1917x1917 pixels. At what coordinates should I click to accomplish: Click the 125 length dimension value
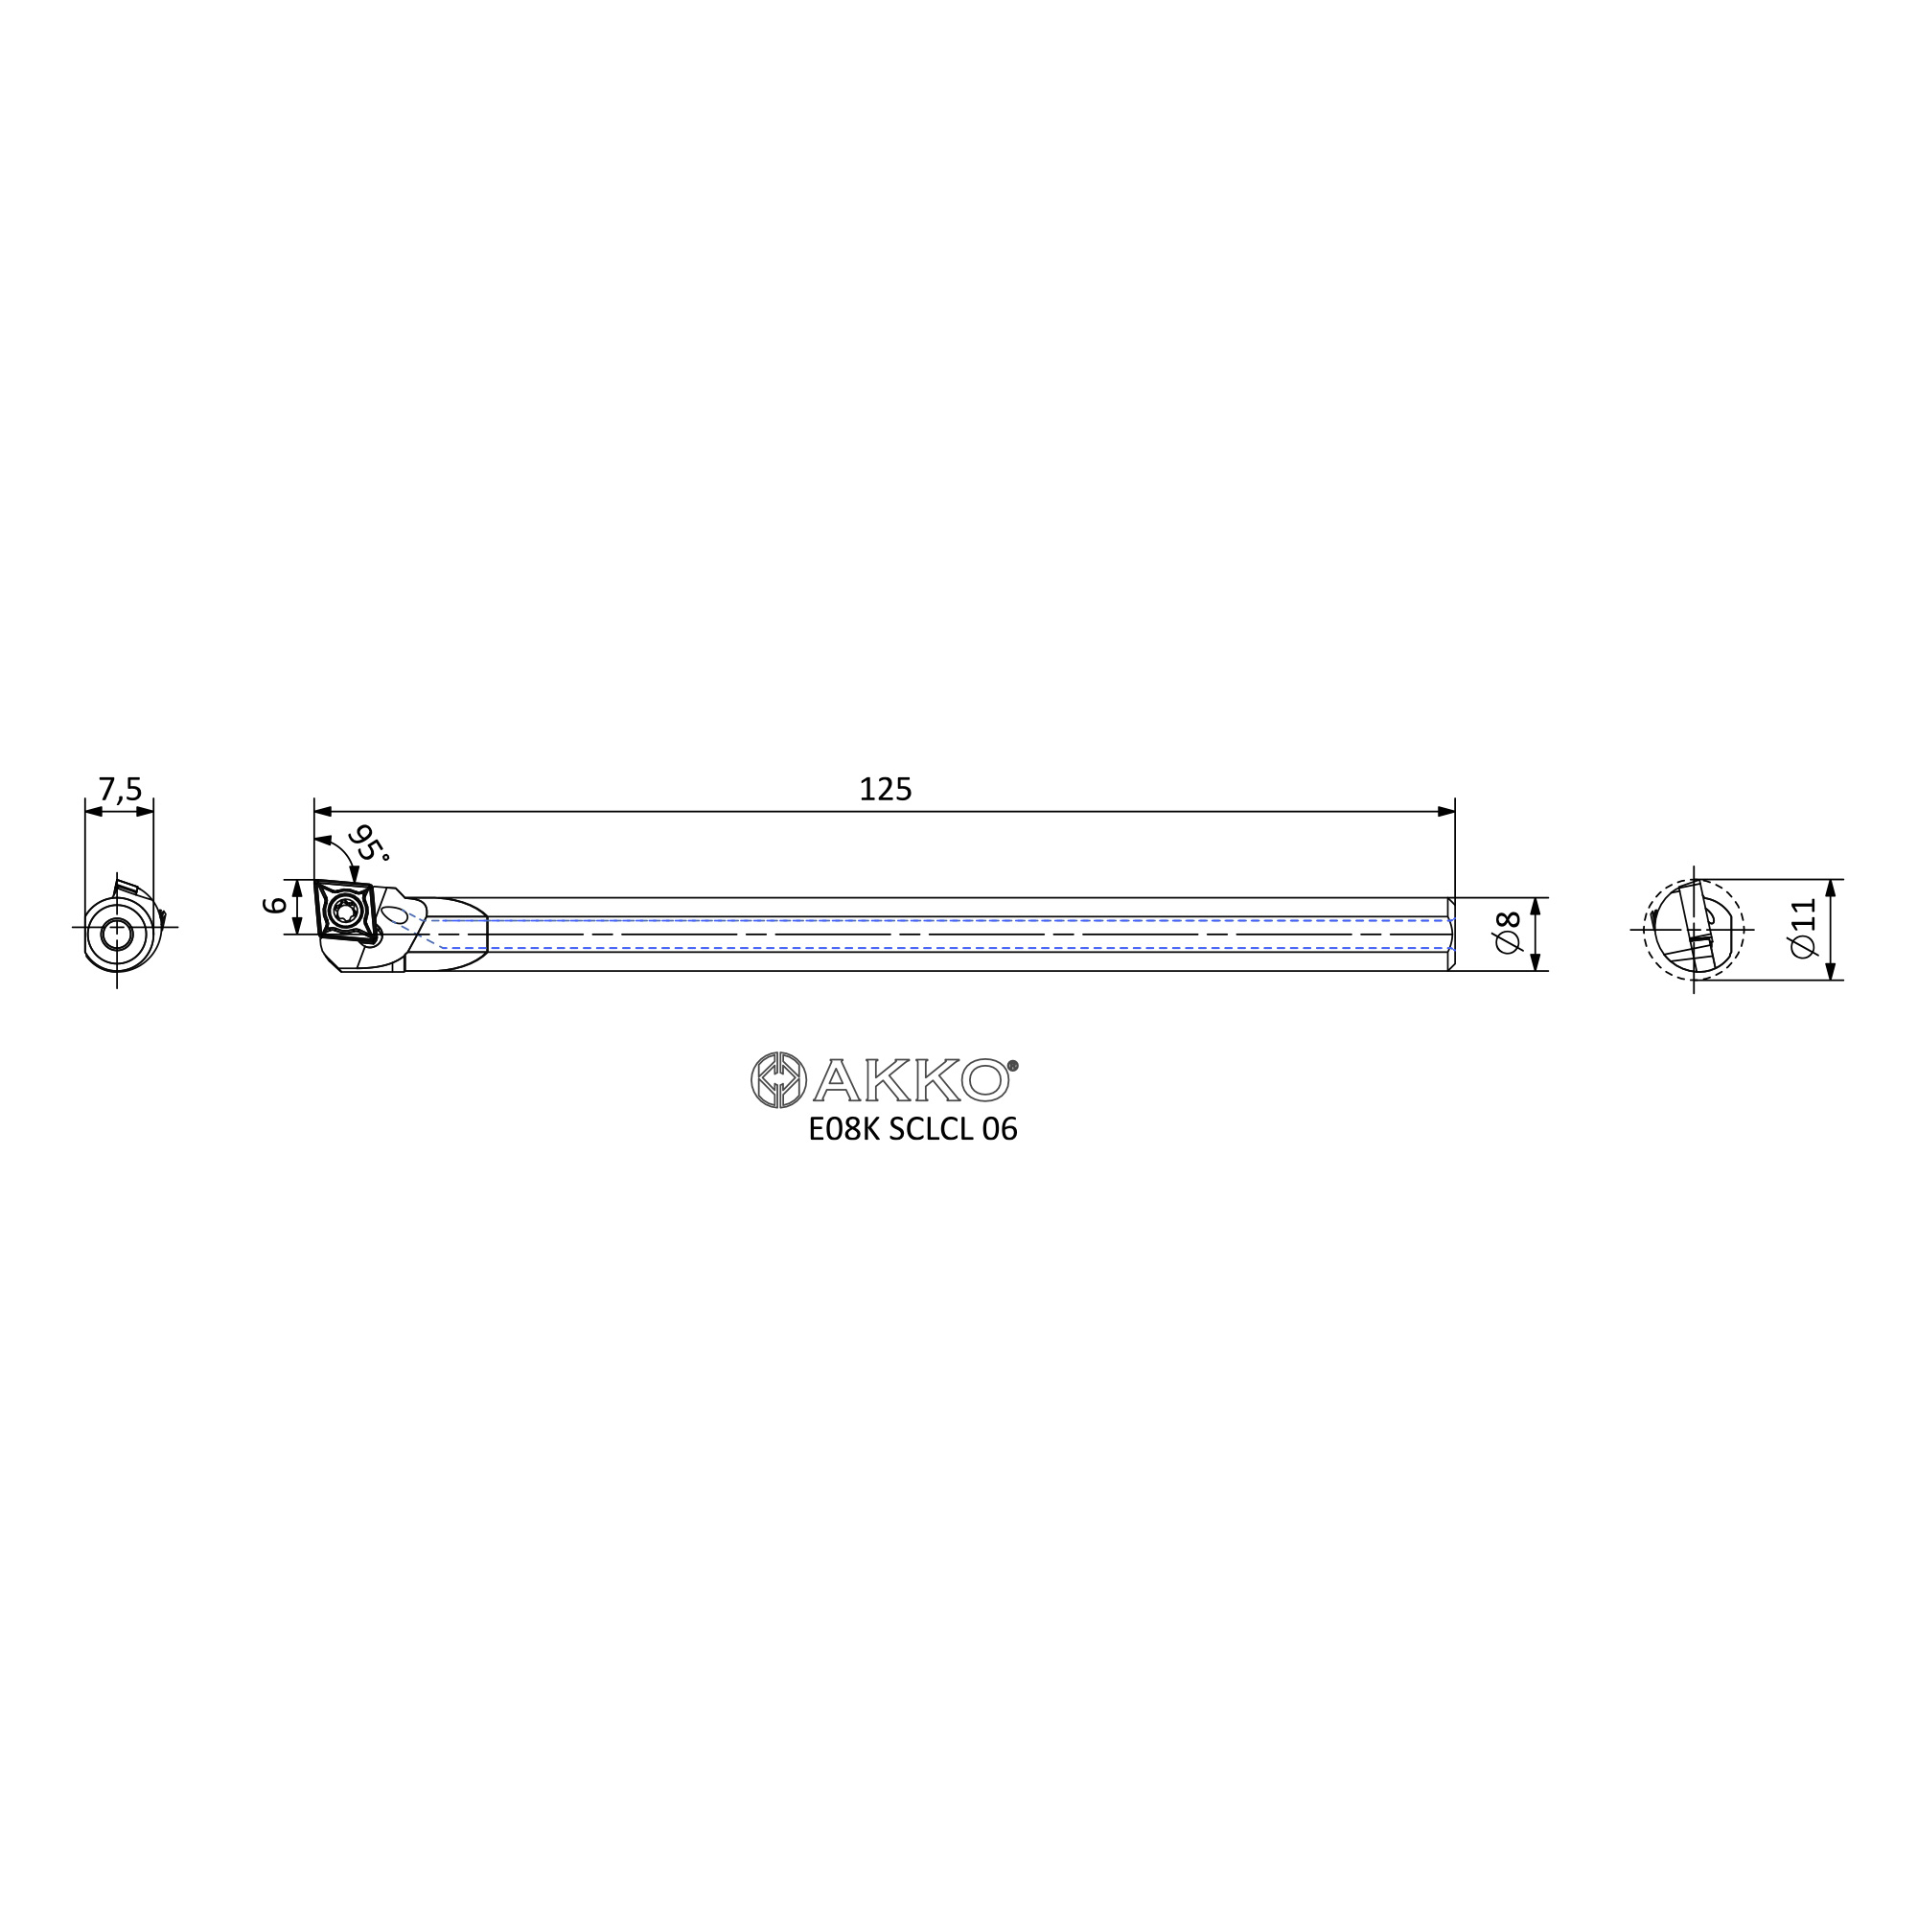pyautogui.click(x=885, y=790)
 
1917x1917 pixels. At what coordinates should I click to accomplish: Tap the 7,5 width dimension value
pyautogui.click(x=120, y=790)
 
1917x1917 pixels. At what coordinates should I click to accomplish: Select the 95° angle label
pyautogui.click(x=367, y=843)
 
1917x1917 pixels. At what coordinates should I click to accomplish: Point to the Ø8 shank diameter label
pyautogui.click(x=1507, y=934)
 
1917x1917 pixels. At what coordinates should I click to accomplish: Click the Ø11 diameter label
pyautogui.click(x=1803, y=929)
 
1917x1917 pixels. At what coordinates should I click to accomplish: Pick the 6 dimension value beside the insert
pyautogui.click(x=275, y=905)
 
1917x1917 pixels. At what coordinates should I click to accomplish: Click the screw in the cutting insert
pyautogui.click(x=346, y=912)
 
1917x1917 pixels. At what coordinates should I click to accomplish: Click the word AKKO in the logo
pyautogui.click(x=911, y=1080)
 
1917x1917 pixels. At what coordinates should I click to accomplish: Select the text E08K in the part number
pyautogui.click(x=843, y=1130)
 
